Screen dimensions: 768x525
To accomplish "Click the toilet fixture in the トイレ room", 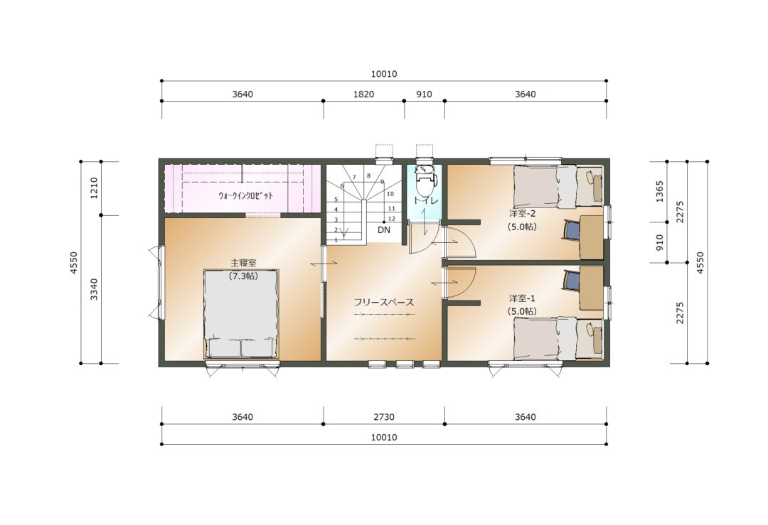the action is [x=424, y=178].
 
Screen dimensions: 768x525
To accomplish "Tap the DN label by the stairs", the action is [x=384, y=229].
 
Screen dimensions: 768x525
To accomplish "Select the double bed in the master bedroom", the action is [x=241, y=313].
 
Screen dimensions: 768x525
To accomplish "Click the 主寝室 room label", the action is [x=243, y=264].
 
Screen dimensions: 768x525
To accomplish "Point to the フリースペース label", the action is [x=384, y=303].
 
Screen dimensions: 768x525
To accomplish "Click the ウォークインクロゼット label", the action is [x=245, y=195].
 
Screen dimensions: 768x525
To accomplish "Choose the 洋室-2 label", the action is [x=522, y=214].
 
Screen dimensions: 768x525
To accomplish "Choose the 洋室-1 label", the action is [x=522, y=298].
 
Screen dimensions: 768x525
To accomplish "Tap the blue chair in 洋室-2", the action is [x=572, y=230].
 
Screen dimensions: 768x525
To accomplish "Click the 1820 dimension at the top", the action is [x=363, y=94].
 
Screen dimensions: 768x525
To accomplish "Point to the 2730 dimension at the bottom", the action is [x=384, y=417].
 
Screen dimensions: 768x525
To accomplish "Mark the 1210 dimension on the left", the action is [x=95, y=188].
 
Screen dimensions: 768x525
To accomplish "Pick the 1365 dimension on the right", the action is [x=659, y=192].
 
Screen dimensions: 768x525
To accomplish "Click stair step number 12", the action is [x=392, y=219].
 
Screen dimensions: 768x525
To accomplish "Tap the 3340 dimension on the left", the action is [x=95, y=289].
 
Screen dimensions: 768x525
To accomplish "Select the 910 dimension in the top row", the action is [x=424, y=94].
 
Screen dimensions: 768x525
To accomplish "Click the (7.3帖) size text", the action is [x=243, y=276].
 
